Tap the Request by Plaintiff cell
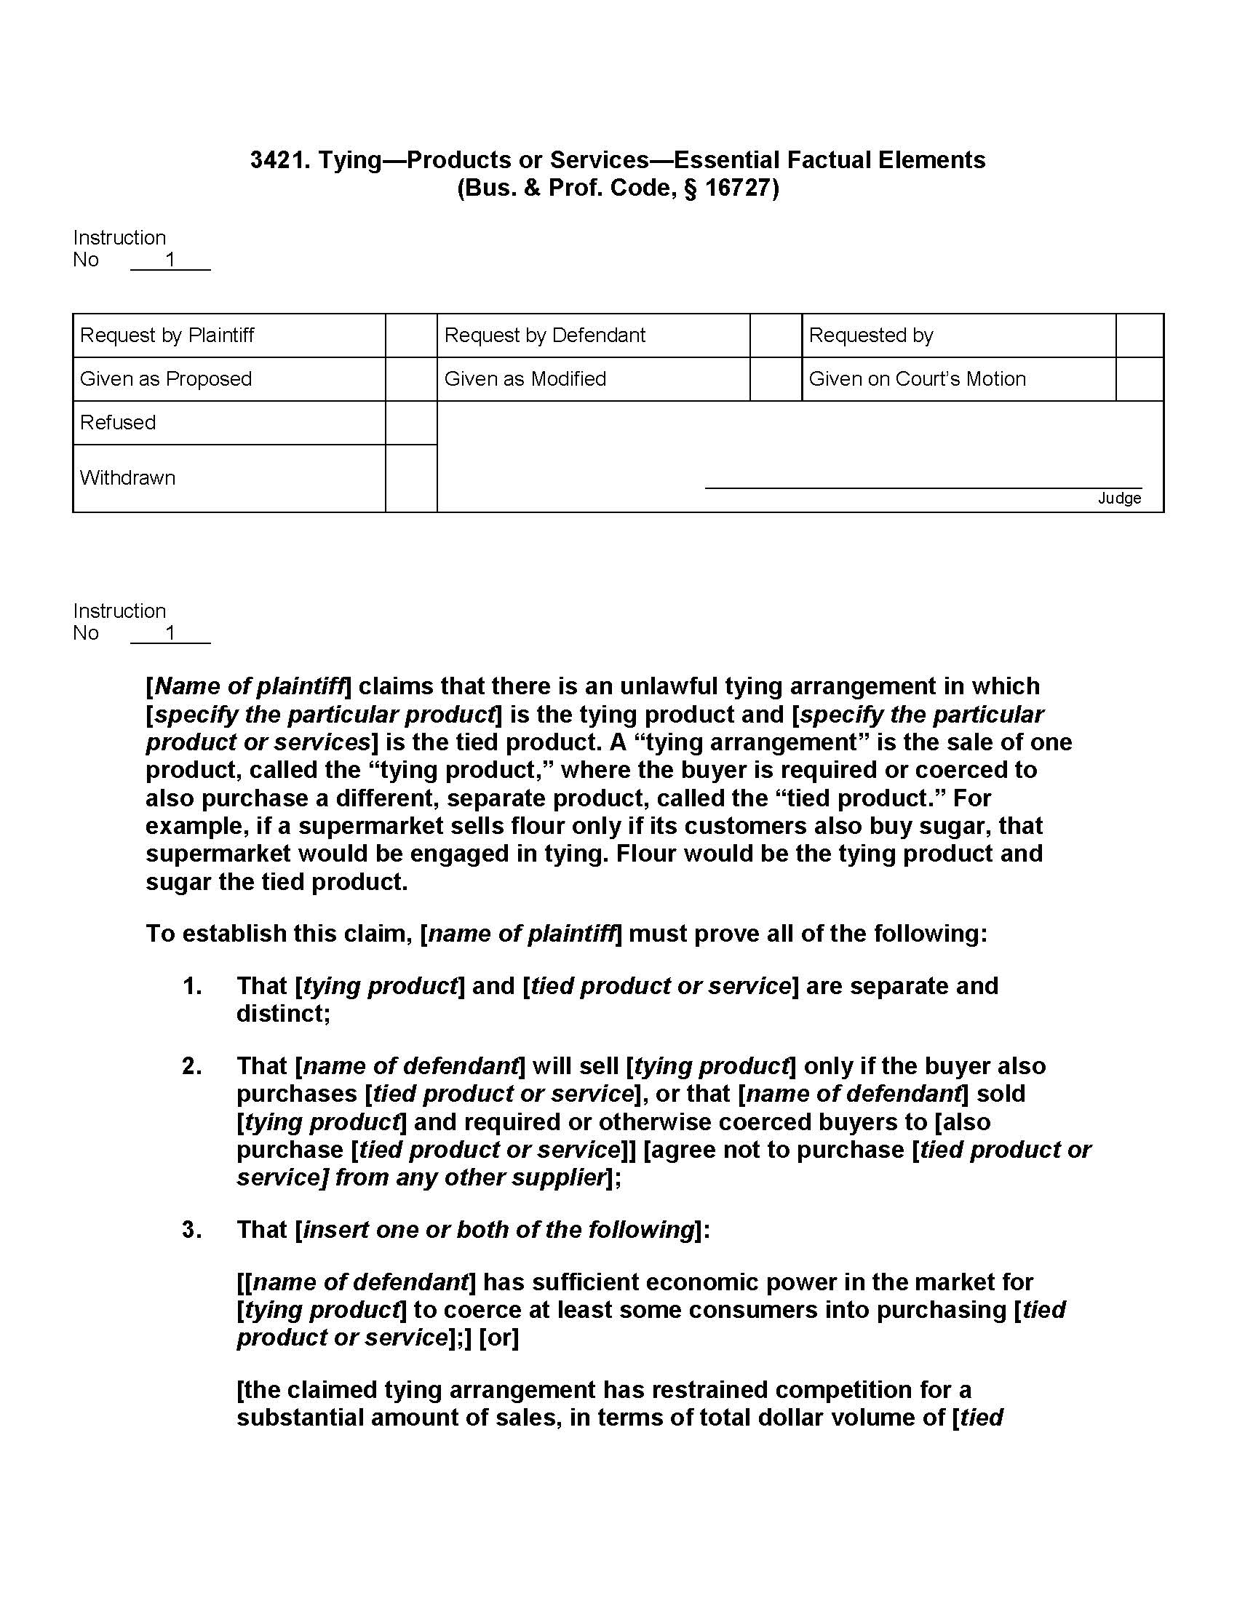(x=167, y=335)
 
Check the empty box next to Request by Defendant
(x=776, y=335)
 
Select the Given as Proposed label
(x=166, y=379)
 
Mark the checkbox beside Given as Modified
(x=776, y=379)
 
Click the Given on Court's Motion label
(x=917, y=379)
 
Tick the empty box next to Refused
(x=411, y=423)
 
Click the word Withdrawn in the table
(x=127, y=478)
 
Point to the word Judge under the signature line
(x=1119, y=498)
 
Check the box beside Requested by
(x=1139, y=335)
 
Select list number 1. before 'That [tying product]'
(x=192, y=986)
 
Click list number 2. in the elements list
(x=192, y=1066)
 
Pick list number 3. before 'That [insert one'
(x=192, y=1229)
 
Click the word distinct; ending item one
(x=283, y=1014)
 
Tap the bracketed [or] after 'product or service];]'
(x=499, y=1338)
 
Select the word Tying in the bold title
(x=349, y=160)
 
